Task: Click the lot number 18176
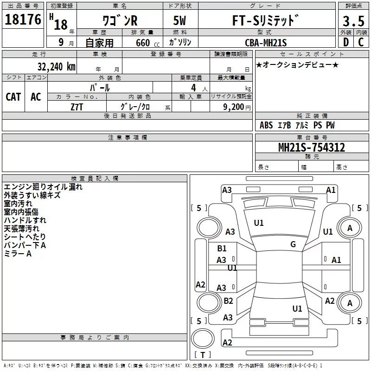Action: [x=23, y=19]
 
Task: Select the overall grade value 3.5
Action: [x=353, y=21]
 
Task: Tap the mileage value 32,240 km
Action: [x=56, y=66]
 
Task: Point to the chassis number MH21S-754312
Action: [x=312, y=147]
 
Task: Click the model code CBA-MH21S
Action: [x=266, y=43]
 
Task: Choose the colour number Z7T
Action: [x=77, y=107]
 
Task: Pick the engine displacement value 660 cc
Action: [x=147, y=43]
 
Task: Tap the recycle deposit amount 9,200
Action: [x=234, y=107]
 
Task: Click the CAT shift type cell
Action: [x=13, y=97]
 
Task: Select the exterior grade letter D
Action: [x=346, y=42]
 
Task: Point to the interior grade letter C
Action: [x=361, y=42]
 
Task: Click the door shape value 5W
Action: [x=179, y=20]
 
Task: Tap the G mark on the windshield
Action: [x=293, y=244]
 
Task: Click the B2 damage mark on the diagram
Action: [x=228, y=301]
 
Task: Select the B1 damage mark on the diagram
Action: [x=222, y=249]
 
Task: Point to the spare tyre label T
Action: [x=203, y=355]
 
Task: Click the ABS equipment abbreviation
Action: [x=266, y=125]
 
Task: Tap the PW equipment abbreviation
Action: [x=330, y=125]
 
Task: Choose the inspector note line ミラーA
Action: [x=18, y=254]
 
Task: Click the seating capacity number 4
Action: [x=193, y=88]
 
